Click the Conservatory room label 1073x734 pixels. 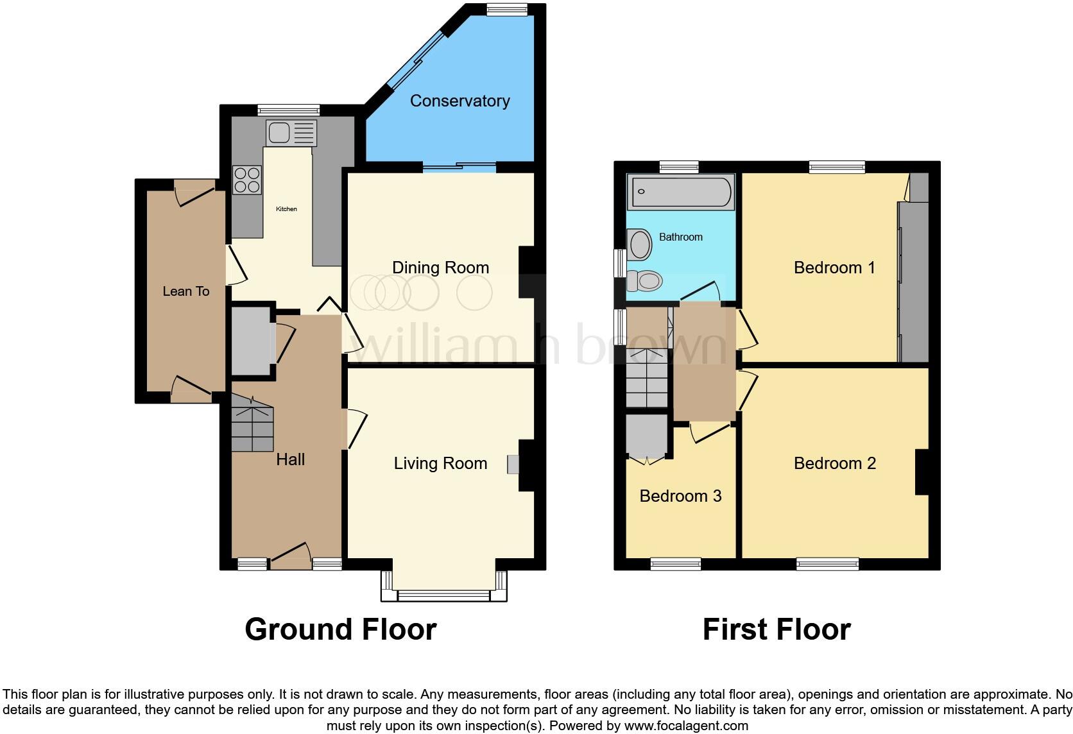(x=459, y=101)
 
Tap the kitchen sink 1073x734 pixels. (x=291, y=133)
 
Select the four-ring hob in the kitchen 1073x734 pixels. (x=247, y=180)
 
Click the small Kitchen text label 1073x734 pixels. (x=286, y=209)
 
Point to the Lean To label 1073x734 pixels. (x=185, y=291)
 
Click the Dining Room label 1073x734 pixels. (x=440, y=268)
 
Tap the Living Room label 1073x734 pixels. (x=440, y=463)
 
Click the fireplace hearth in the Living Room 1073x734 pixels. (x=513, y=465)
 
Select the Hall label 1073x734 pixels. (x=290, y=459)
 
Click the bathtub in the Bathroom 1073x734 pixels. (x=681, y=192)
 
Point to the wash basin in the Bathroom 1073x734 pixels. (x=640, y=244)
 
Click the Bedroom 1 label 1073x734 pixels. (x=834, y=268)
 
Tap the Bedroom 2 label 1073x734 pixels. (x=834, y=463)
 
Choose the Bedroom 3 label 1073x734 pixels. (x=680, y=496)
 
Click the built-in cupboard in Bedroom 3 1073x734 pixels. (x=646, y=436)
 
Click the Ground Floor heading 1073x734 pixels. (x=340, y=629)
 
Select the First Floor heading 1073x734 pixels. (x=776, y=629)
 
